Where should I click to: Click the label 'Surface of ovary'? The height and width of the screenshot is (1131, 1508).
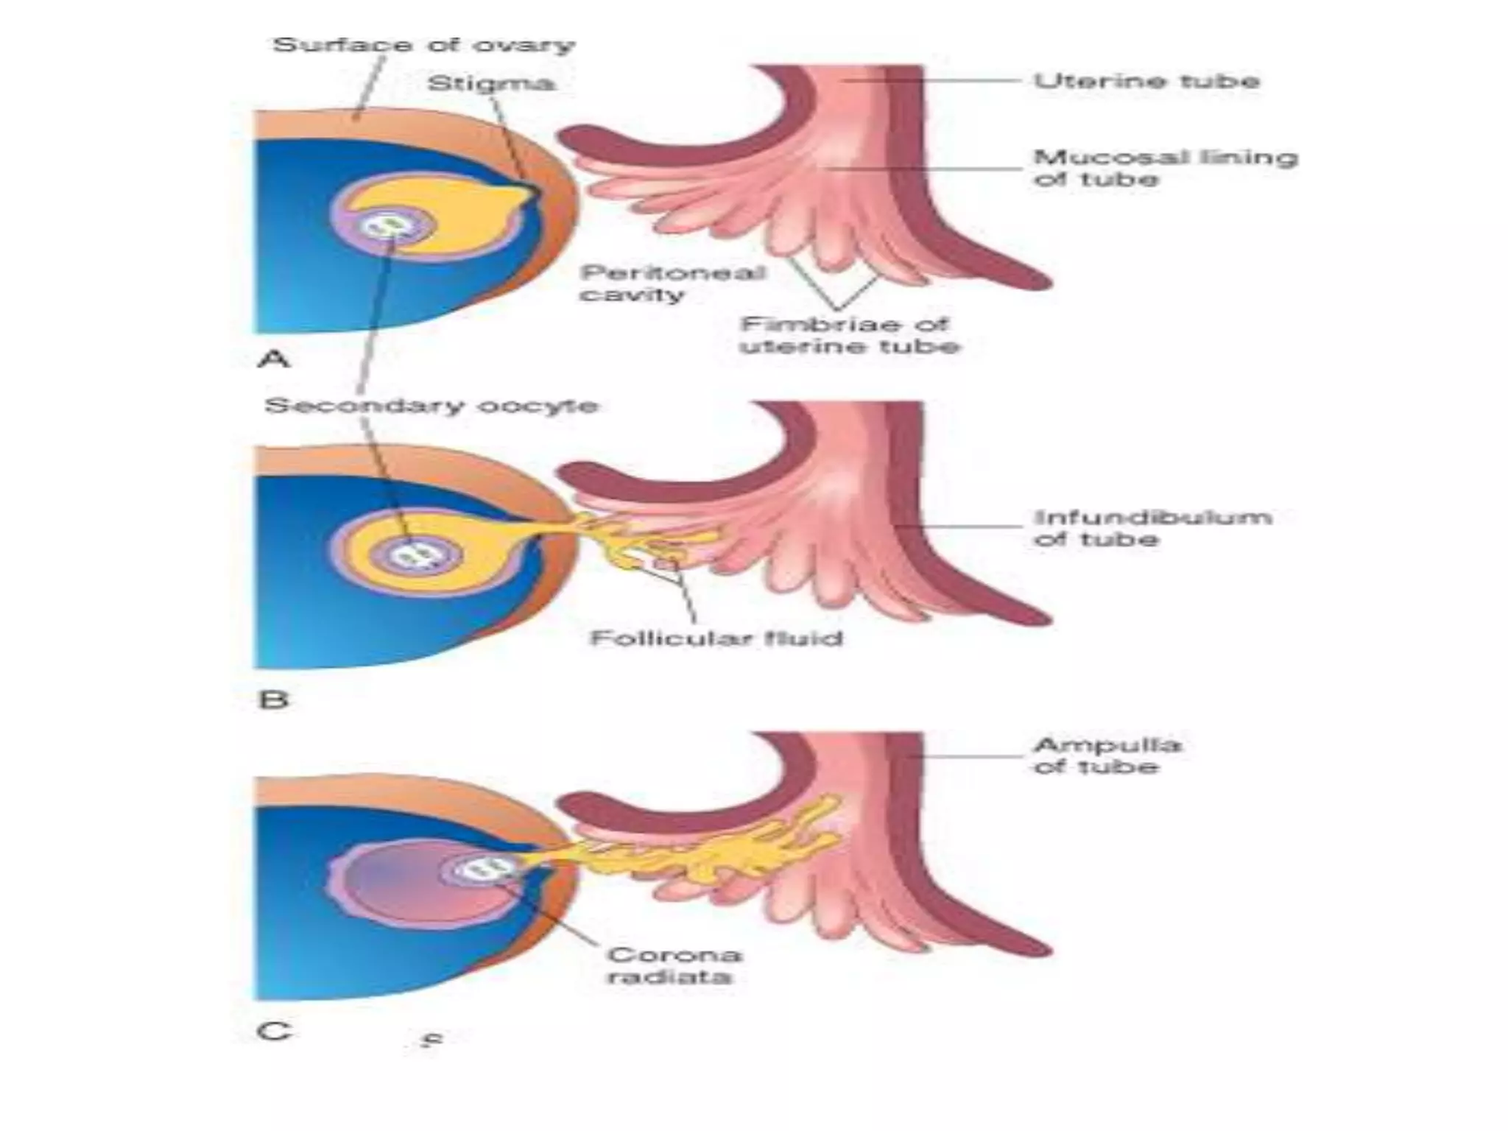423,46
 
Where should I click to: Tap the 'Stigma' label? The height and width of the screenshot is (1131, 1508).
491,82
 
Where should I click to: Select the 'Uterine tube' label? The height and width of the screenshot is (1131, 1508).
1146,80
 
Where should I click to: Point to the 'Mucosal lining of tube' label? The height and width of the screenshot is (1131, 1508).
1165,168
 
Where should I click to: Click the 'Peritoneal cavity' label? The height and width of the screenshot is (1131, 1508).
672,283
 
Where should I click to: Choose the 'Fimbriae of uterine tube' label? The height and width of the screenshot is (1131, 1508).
850,335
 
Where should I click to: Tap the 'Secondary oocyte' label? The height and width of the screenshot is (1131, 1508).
431,406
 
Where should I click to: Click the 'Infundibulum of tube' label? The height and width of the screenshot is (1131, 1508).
1152,528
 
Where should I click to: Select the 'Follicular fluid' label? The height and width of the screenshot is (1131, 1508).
716,637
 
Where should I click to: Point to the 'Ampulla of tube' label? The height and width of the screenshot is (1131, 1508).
1107,755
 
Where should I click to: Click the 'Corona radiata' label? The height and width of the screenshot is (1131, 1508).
673,965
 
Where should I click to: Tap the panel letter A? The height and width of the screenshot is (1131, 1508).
274,359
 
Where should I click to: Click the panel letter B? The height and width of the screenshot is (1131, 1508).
273,698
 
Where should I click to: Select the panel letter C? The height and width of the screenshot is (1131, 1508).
273,1031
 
